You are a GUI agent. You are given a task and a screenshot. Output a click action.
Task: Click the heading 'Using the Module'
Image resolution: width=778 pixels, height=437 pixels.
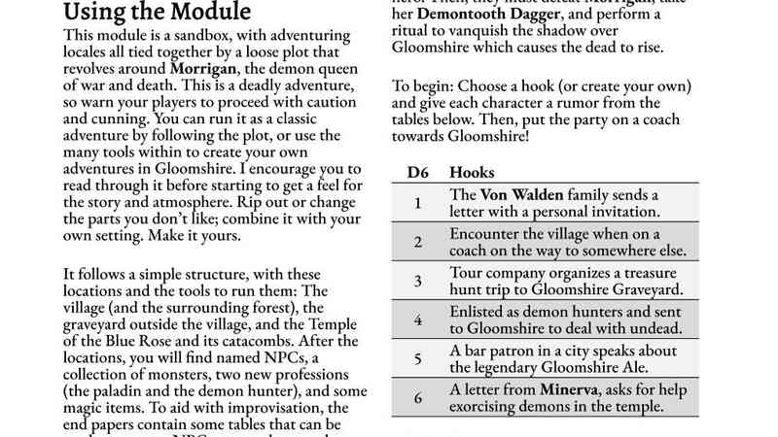[157, 14]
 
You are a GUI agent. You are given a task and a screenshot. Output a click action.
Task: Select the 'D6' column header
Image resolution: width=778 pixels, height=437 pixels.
[418, 172]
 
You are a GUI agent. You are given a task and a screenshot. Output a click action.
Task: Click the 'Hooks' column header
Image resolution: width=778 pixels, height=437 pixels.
[474, 172]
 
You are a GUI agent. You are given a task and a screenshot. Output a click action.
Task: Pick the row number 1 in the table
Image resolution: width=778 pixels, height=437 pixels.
[417, 203]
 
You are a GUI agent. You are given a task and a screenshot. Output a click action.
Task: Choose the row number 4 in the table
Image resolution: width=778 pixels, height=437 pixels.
[417, 319]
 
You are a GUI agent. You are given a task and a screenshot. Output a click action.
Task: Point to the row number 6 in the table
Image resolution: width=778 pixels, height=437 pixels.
[417, 397]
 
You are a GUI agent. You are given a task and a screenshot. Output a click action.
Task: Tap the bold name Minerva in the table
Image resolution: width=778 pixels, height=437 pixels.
[556, 388]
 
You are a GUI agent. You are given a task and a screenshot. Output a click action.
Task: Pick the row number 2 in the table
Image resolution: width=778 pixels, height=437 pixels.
[417, 242]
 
